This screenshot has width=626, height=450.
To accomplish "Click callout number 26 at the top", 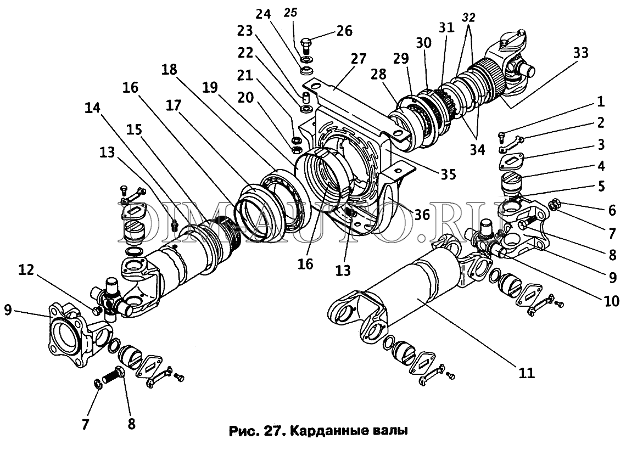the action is [345, 31].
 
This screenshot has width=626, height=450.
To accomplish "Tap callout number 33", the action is [580, 53].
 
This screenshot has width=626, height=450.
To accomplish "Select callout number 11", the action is [526, 373].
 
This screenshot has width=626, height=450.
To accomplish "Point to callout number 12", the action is [26, 271].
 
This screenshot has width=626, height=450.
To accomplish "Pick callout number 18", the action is [169, 69].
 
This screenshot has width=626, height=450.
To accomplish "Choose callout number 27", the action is [358, 59].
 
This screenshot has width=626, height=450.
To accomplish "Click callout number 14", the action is [93, 108].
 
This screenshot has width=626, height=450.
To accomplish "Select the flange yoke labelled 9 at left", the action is [79, 335].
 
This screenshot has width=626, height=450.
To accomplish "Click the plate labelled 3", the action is [512, 161].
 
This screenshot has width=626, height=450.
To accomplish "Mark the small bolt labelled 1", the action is [502, 136].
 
